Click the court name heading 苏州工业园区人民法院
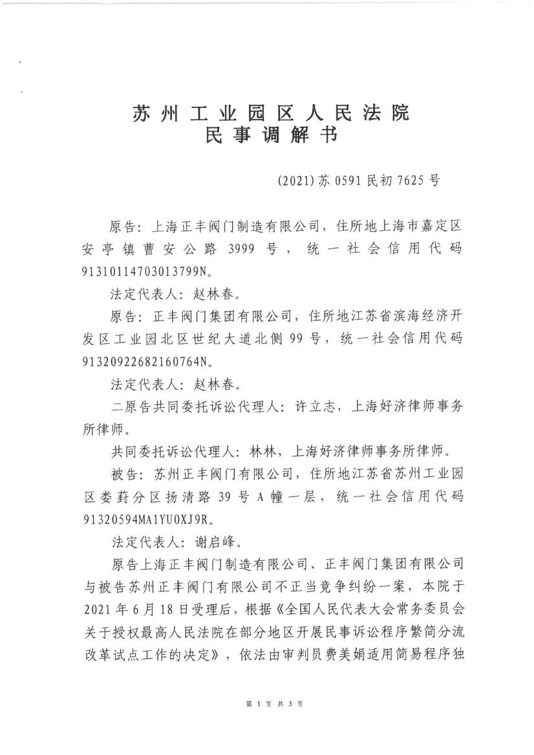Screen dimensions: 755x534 point(271,114)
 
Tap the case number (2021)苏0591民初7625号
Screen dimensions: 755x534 point(358,181)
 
